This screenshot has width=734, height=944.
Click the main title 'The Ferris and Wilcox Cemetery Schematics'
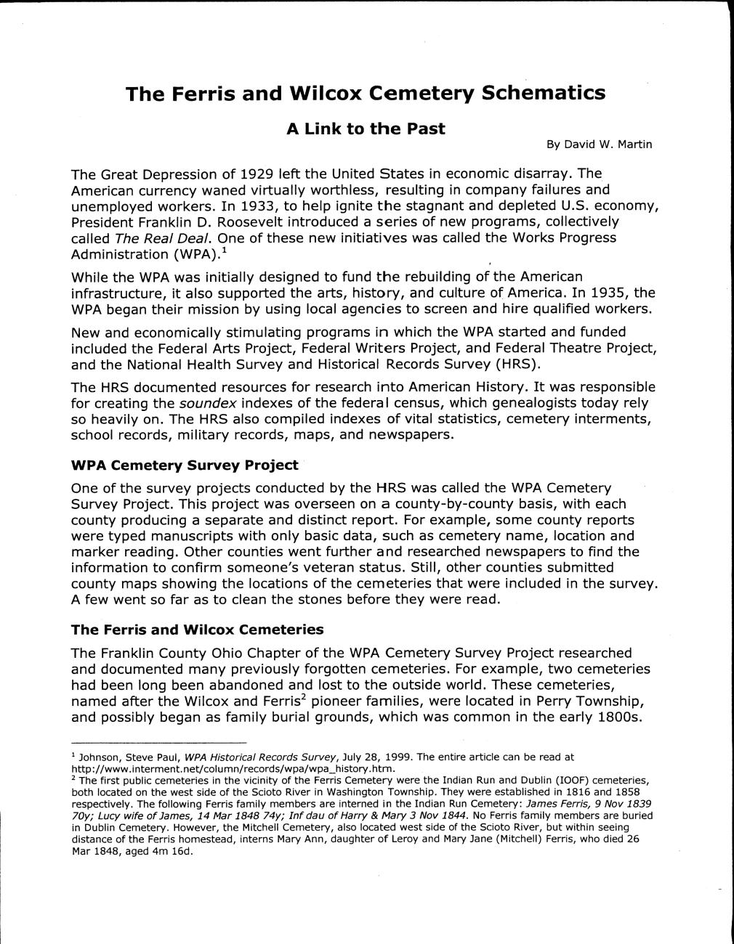pyautogui.click(x=365, y=94)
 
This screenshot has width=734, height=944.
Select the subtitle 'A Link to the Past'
pyautogui.click(x=365, y=129)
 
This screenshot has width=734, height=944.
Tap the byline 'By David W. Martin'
pyautogui.click(x=599, y=145)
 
